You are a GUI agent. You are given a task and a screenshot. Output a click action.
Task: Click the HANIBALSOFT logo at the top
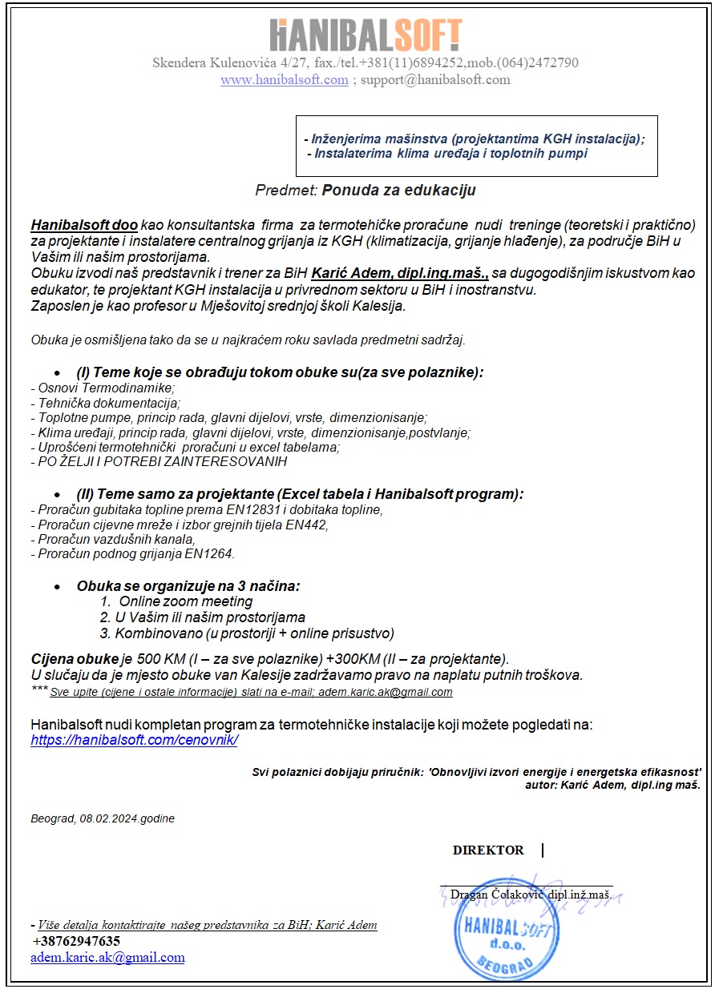(366, 35)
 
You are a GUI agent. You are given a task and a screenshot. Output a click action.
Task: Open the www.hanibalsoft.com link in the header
(284, 80)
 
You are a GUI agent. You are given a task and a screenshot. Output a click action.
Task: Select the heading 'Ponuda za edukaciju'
(399, 191)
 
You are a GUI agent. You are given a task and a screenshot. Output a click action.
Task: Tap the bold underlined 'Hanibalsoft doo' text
(84, 224)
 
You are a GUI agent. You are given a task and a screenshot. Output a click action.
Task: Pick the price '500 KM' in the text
(160, 660)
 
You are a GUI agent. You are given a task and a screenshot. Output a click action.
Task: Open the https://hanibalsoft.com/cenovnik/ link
(134, 741)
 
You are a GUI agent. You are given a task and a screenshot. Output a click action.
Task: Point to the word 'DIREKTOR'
(488, 850)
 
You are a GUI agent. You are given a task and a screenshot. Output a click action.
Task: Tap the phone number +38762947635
(76, 941)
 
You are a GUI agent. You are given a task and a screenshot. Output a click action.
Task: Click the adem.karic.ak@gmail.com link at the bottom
(107, 958)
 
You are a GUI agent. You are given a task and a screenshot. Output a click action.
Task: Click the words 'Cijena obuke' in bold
(75, 660)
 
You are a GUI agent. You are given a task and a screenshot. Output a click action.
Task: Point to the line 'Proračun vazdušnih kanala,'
(112, 540)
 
